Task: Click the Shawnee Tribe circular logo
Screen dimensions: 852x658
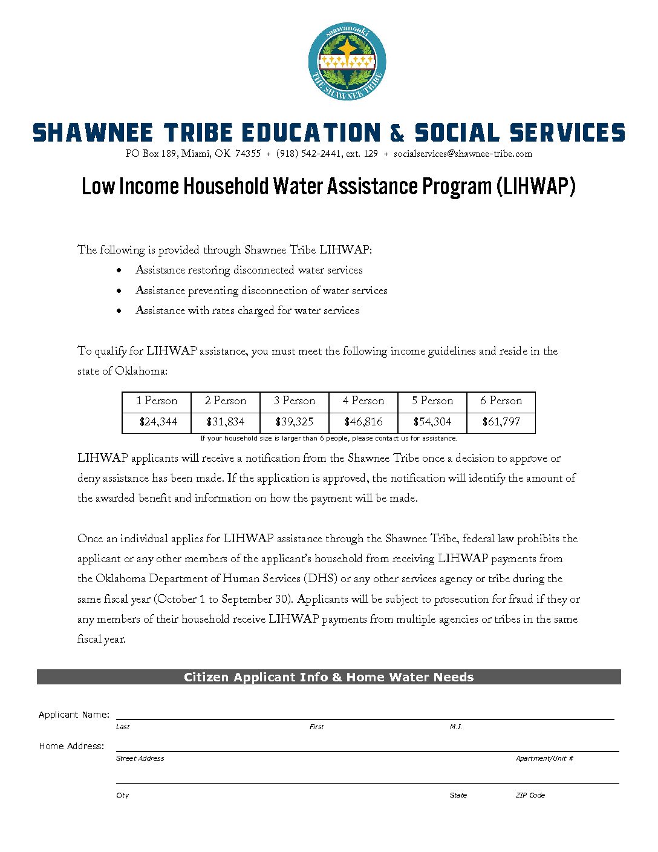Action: [x=347, y=62]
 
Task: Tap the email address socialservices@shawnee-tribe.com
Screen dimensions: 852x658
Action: [x=463, y=154]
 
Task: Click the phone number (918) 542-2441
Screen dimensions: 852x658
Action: [x=309, y=154]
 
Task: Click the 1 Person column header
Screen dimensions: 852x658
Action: [x=157, y=401]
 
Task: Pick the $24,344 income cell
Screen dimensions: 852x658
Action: [x=158, y=422]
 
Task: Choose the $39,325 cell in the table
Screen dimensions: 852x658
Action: [x=295, y=422]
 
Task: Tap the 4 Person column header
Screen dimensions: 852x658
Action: [x=363, y=401]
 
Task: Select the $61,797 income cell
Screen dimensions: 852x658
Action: [x=501, y=422]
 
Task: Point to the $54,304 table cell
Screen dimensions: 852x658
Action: [x=432, y=422]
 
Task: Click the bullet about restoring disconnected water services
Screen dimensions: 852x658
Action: [x=249, y=270]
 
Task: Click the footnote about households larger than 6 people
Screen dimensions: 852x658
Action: [x=328, y=438]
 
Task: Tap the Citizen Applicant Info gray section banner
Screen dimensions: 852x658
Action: [x=328, y=677]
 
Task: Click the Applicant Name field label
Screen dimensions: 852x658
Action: [x=74, y=715]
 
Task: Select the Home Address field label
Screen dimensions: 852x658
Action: [x=72, y=746]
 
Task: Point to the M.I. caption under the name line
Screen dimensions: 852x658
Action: [x=456, y=727]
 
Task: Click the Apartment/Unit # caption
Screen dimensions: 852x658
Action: [x=544, y=758]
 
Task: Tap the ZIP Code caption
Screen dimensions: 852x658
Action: [x=530, y=795]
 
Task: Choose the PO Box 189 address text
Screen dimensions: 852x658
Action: [x=193, y=154]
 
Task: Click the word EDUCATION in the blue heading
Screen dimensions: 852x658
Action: [x=311, y=133]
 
